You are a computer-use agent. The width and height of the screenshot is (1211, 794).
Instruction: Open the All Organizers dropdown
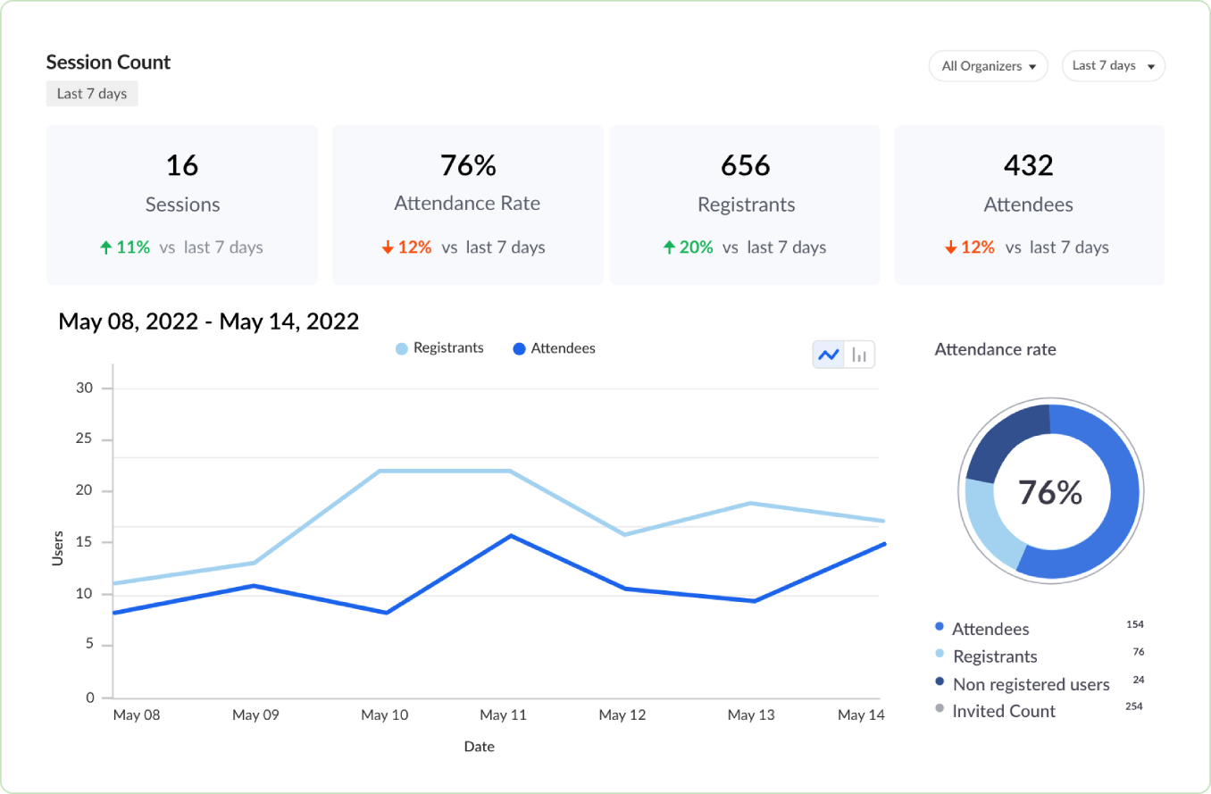(x=988, y=66)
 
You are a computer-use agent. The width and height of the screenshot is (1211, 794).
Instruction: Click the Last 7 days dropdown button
(x=1113, y=66)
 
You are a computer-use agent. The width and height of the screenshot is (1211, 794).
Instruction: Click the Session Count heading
(x=108, y=63)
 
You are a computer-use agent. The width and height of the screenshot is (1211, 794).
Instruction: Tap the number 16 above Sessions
(x=182, y=165)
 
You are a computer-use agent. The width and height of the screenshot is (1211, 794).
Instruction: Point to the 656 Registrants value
(x=746, y=165)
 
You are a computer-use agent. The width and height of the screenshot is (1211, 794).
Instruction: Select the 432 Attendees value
(x=1028, y=165)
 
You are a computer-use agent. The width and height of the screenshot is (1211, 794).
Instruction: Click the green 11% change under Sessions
(x=125, y=247)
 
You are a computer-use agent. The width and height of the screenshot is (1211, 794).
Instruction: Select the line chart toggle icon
(x=828, y=355)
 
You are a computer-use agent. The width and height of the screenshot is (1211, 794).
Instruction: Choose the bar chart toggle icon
(x=859, y=355)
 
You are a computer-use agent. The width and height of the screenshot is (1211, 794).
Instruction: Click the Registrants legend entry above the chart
(x=440, y=348)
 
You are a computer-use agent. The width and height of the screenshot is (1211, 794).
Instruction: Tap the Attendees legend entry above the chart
(x=555, y=348)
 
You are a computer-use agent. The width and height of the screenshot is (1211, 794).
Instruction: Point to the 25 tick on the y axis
(x=84, y=439)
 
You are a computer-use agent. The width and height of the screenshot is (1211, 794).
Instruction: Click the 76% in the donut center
(x=1050, y=492)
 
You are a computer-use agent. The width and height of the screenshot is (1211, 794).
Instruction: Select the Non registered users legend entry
(x=1031, y=684)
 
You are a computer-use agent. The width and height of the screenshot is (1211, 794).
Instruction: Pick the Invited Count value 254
(x=1135, y=706)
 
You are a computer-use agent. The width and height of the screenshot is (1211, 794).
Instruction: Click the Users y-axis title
(x=58, y=547)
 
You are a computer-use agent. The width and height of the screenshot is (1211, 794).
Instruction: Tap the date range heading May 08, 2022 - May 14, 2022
(x=209, y=322)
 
